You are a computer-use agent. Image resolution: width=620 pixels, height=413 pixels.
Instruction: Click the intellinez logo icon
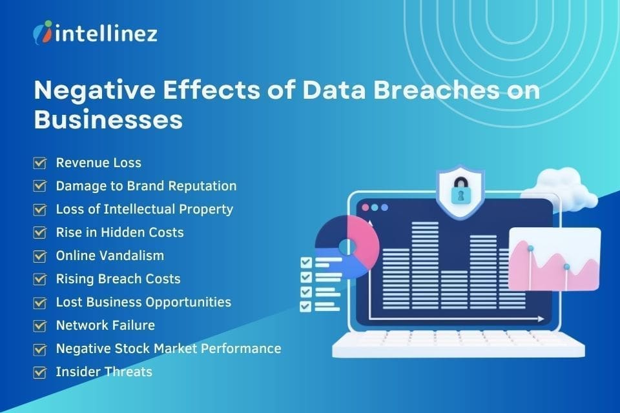(43, 32)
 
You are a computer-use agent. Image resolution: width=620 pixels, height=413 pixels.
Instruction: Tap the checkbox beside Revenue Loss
(40, 163)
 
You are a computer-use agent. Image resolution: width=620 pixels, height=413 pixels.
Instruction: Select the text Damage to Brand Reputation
(146, 186)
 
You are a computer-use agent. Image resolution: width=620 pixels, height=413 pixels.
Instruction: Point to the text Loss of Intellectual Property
(144, 209)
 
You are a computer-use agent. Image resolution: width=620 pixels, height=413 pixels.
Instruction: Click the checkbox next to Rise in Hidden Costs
(40, 232)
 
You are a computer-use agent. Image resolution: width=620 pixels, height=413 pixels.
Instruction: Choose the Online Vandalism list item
(110, 256)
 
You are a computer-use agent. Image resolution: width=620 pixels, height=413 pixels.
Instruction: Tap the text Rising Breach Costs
(118, 279)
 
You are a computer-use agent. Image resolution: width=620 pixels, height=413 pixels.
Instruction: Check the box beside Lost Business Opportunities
(40, 302)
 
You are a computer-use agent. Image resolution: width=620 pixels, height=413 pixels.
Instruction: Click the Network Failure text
(105, 325)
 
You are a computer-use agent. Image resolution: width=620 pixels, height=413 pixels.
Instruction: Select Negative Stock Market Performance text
(168, 348)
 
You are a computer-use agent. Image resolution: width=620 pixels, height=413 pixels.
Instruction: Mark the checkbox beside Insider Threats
(40, 372)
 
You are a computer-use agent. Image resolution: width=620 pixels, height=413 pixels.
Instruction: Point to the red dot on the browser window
(364, 208)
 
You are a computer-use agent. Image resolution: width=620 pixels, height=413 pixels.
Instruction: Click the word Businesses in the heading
(108, 120)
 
